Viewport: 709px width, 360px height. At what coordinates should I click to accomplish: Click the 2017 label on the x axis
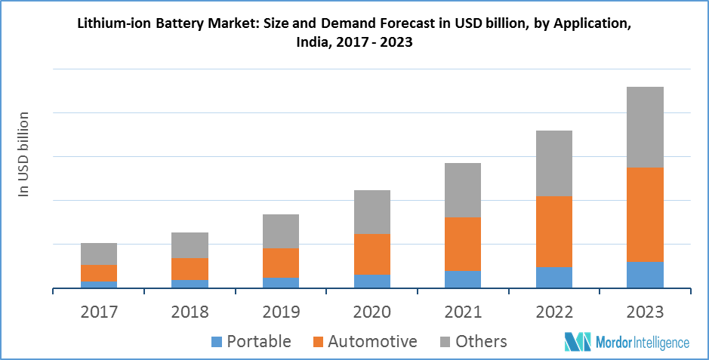99,312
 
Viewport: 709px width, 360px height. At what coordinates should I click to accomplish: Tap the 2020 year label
372,312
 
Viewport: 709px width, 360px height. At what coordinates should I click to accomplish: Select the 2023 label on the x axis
646,312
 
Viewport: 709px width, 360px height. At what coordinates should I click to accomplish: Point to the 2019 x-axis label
281,312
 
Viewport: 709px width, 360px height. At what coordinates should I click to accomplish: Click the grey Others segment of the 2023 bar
645,127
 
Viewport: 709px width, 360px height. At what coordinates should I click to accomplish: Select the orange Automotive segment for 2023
645,214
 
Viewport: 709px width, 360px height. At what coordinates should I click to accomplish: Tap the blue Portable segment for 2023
645,275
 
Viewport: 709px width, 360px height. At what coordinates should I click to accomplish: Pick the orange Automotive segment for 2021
463,244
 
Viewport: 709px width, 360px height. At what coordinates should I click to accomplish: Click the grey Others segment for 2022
554,163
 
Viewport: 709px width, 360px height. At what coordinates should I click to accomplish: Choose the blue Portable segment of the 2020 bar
372,281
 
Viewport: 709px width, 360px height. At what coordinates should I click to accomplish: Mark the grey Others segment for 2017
99,254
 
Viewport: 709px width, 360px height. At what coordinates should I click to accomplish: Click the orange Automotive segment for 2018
190,269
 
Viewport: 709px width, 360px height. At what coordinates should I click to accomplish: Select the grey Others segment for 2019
281,231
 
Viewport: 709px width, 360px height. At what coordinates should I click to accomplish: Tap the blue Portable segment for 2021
463,279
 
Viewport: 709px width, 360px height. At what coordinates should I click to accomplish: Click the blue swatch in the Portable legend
217,342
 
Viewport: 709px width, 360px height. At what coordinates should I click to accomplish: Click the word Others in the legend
482,342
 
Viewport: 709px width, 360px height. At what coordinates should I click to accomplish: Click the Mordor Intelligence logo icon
578,342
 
